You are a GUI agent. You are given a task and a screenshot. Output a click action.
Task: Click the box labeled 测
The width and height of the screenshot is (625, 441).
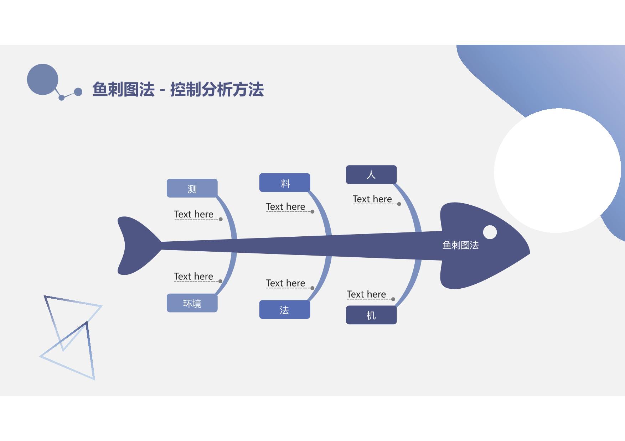click(x=192, y=188)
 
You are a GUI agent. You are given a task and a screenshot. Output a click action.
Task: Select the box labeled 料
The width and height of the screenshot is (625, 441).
click(x=285, y=183)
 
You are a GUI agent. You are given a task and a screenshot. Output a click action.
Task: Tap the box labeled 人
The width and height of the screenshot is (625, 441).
click(x=371, y=175)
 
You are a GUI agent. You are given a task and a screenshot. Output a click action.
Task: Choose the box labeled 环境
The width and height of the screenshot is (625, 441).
click(x=192, y=303)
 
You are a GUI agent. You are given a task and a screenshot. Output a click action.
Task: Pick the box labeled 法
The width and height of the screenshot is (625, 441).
click(x=284, y=310)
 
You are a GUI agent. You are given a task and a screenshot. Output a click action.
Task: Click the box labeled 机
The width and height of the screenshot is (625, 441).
click(x=371, y=315)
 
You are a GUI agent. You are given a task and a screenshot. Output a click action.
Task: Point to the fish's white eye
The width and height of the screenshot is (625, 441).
click(x=490, y=232)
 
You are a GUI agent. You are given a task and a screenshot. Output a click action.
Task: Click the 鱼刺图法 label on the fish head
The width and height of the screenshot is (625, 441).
click(x=460, y=245)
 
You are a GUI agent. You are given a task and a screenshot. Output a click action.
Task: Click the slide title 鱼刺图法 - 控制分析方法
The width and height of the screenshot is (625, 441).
click(x=178, y=89)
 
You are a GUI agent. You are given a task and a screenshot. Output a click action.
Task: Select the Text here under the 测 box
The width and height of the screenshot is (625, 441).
click(x=193, y=214)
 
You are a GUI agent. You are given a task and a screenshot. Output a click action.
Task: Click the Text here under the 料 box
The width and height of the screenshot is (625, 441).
click(x=285, y=206)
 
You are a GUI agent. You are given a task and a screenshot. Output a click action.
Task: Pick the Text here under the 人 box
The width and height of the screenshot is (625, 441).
click(x=372, y=199)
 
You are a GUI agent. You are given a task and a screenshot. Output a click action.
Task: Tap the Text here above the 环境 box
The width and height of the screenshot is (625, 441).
click(x=193, y=276)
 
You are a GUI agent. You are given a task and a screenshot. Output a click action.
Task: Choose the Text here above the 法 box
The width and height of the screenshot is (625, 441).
click(x=285, y=283)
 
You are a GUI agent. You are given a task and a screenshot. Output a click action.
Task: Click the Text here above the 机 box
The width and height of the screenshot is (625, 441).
click(x=366, y=294)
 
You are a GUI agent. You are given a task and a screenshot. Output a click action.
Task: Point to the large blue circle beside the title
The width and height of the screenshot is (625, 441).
click(x=43, y=79)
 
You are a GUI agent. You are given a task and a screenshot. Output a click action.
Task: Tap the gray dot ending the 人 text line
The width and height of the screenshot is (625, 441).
click(x=399, y=204)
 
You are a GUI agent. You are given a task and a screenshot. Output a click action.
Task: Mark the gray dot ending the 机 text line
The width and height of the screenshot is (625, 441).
click(x=393, y=299)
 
